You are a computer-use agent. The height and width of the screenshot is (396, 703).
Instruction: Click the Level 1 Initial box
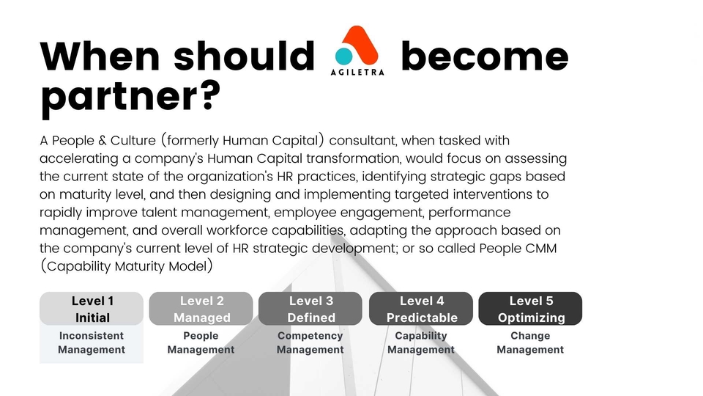click(x=92, y=309)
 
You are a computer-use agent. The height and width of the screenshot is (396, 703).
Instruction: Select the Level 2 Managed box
click(x=201, y=309)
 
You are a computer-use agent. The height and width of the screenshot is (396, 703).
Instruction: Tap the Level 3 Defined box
click(x=310, y=309)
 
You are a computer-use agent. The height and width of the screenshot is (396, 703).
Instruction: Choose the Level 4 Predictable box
click(x=421, y=309)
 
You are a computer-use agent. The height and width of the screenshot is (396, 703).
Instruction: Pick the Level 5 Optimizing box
click(x=530, y=309)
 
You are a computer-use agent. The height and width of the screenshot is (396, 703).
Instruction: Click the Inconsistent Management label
click(x=92, y=342)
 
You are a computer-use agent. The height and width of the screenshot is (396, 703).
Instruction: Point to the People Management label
click(x=201, y=342)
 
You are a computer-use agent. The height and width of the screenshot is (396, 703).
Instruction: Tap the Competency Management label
click(x=310, y=342)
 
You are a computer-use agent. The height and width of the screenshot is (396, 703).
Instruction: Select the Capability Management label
click(x=421, y=342)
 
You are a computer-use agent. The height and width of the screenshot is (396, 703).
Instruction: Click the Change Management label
click(x=530, y=342)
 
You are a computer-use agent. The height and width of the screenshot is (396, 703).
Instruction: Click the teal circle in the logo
click(x=344, y=56)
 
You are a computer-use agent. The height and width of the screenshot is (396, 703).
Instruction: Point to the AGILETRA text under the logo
click(x=357, y=72)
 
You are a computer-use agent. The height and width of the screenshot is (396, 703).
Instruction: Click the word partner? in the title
click(x=130, y=97)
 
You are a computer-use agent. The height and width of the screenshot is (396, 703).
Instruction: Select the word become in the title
click(x=485, y=56)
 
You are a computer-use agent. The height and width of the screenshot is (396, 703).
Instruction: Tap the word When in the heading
click(x=100, y=56)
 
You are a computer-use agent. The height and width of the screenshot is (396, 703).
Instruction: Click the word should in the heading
click(x=245, y=56)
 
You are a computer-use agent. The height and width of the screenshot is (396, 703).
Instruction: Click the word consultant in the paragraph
click(x=362, y=141)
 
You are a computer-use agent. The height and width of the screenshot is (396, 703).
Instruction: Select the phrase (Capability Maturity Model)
click(x=127, y=266)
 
